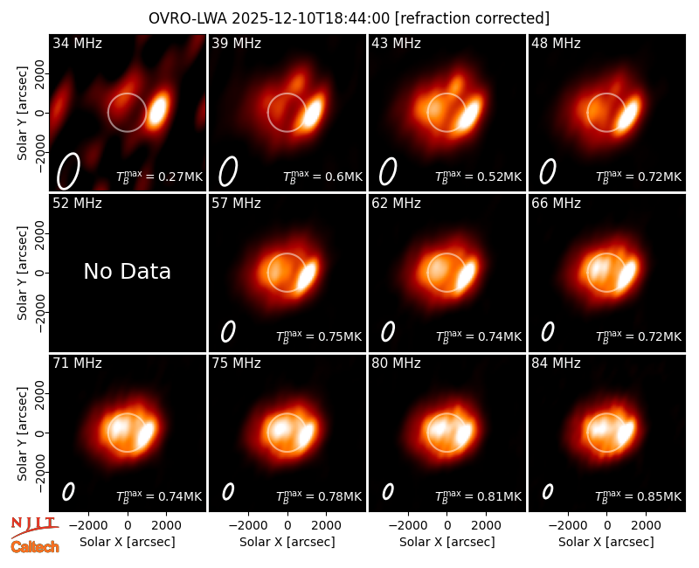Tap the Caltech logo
click(35, 547)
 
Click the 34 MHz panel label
click(77, 43)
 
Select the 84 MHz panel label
click(556, 364)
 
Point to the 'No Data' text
click(128, 271)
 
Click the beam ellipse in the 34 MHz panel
click(68, 171)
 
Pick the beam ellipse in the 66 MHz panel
click(548, 332)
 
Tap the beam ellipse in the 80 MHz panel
click(388, 492)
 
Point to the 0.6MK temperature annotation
click(343, 177)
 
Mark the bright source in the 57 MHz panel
click(308, 275)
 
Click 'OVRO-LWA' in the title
click(188, 18)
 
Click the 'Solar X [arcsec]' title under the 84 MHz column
click(606, 542)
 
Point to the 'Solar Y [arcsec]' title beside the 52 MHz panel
click(23, 273)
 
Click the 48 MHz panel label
click(556, 43)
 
